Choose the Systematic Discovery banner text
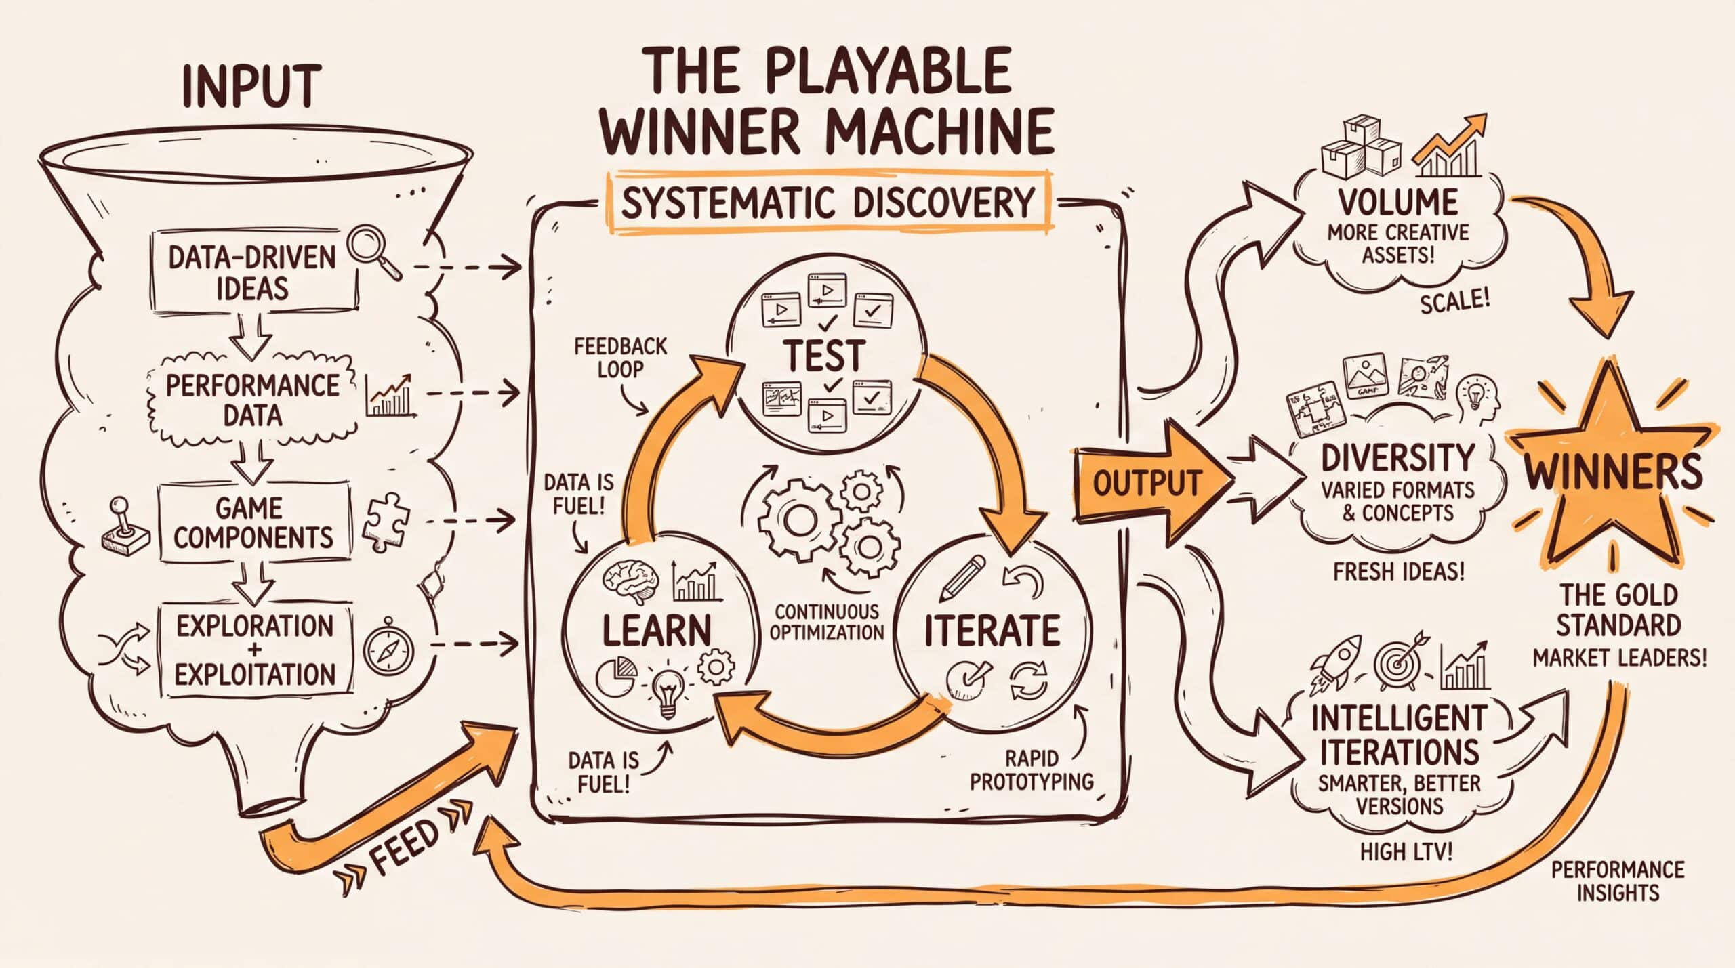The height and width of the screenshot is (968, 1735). click(x=828, y=202)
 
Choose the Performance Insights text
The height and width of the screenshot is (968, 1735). click(x=1617, y=881)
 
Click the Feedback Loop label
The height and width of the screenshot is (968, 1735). click(x=620, y=358)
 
